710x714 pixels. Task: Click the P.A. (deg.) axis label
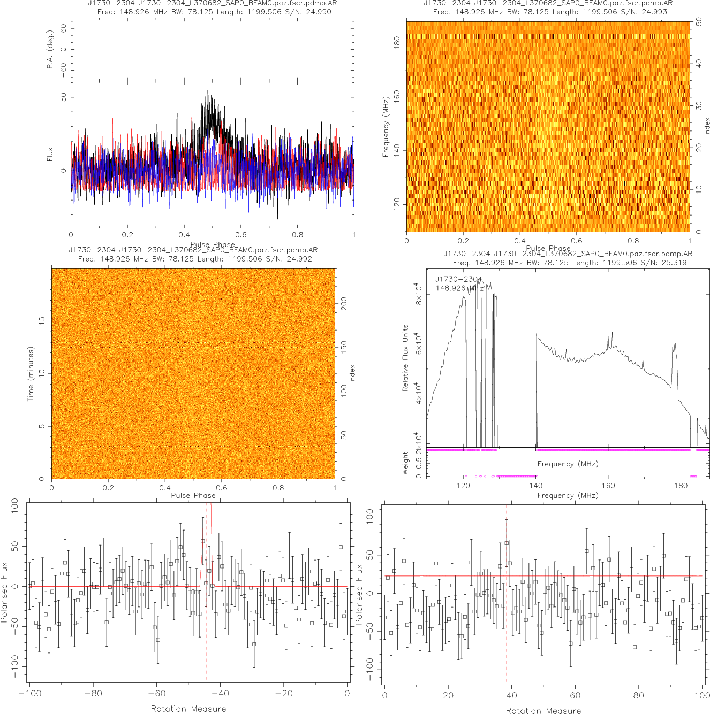50,49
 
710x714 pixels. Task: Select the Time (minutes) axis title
31,373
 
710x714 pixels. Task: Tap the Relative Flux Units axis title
405,358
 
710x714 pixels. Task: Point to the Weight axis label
405,463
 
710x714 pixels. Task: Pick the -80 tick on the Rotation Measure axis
93,694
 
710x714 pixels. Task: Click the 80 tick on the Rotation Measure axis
639,695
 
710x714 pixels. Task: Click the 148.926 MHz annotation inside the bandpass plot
459,288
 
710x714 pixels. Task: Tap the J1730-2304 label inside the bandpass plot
458,279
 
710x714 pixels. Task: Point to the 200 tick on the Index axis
344,304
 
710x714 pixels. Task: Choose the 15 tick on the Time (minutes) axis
42,320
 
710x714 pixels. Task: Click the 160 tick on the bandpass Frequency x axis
608,486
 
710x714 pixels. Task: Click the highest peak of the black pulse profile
208,91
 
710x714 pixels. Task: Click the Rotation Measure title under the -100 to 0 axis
188,709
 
